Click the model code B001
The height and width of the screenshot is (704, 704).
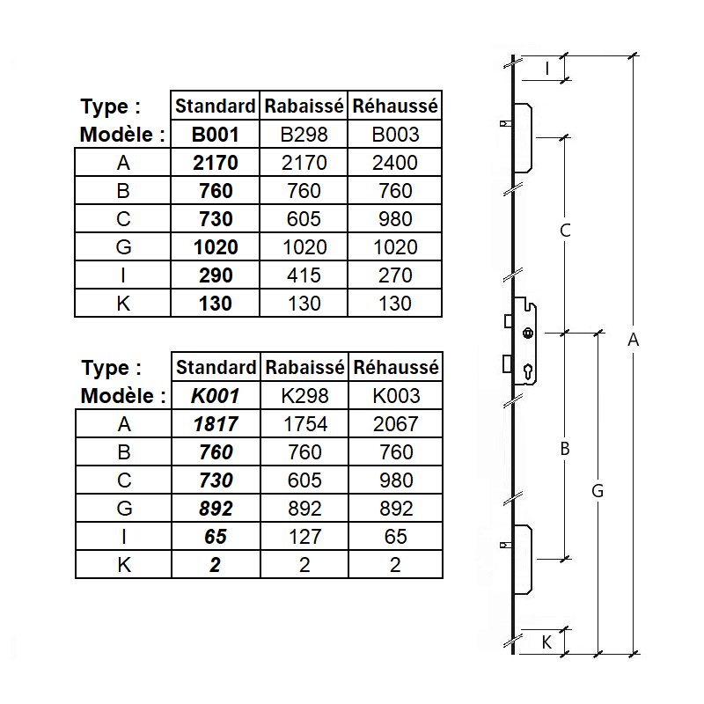point(215,135)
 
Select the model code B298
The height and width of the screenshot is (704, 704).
point(304,135)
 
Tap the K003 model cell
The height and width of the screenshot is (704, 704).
point(395,396)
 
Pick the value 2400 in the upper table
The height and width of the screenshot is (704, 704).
point(395,163)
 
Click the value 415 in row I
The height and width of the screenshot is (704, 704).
point(304,275)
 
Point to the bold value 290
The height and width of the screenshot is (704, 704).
point(215,275)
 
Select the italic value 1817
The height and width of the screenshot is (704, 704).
point(215,424)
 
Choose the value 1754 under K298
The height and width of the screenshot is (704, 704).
point(304,424)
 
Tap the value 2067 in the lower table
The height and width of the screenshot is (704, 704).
point(395,424)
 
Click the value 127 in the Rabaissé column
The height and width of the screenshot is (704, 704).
point(304,537)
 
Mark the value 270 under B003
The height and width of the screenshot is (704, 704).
point(395,275)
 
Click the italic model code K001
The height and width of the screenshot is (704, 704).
point(215,396)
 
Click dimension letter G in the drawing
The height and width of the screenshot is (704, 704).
point(598,492)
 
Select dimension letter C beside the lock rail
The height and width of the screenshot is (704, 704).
point(566,231)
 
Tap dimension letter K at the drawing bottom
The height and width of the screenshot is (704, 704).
point(546,642)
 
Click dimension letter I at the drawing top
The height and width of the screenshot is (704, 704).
point(546,68)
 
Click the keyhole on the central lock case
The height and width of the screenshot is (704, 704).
point(527,371)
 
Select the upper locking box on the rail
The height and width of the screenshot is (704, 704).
point(521,137)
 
